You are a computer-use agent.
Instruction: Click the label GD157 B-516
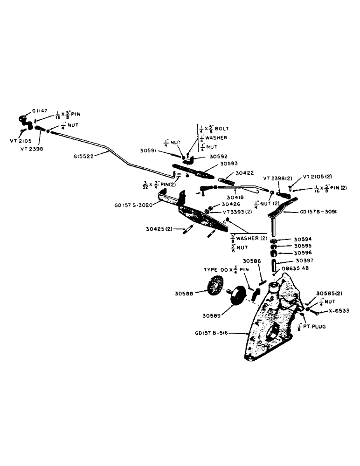212,333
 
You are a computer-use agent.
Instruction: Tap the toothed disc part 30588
215,286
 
